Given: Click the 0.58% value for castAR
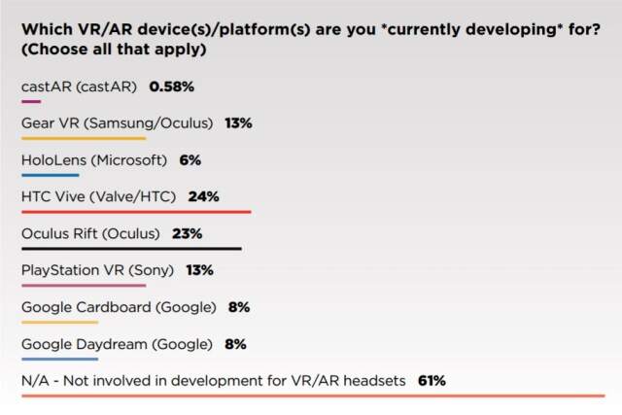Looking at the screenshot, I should (171, 86).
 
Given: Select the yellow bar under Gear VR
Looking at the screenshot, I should (83, 138).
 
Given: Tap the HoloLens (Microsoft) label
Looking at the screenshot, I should (94, 159).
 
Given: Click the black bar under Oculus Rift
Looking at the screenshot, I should (131, 249).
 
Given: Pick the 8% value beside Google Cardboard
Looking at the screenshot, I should (239, 307).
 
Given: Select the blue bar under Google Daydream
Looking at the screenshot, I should (59, 359).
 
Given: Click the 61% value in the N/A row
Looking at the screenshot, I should (432, 381).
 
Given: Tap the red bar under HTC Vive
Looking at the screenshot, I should (136, 212).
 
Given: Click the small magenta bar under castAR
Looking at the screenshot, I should (30, 101).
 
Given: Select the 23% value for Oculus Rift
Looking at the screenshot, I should (188, 233).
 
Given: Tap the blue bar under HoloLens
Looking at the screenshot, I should (50, 175).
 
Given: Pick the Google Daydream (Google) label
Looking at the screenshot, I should (117, 344).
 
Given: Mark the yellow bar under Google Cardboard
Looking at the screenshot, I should (59, 322).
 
